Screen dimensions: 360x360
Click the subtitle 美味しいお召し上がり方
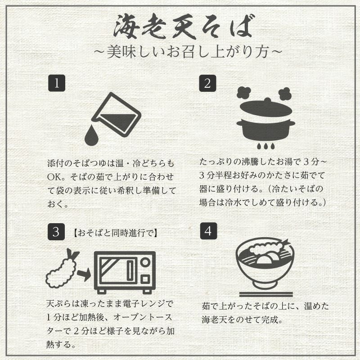click(188, 51)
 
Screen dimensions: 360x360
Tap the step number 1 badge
click(57, 83)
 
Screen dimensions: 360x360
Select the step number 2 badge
click(207, 83)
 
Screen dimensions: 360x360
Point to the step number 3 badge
click(56, 232)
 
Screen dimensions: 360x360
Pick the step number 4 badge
click(208, 231)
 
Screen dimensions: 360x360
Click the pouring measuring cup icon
click(116, 115)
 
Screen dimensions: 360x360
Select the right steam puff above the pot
click(285, 94)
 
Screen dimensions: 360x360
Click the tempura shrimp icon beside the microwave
click(62, 269)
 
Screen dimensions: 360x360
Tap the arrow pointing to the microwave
click(84, 274)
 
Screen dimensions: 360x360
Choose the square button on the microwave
click(145, 279)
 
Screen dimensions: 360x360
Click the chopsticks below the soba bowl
click(266, 294)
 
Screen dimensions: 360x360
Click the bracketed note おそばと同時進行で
click(115, 233)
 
